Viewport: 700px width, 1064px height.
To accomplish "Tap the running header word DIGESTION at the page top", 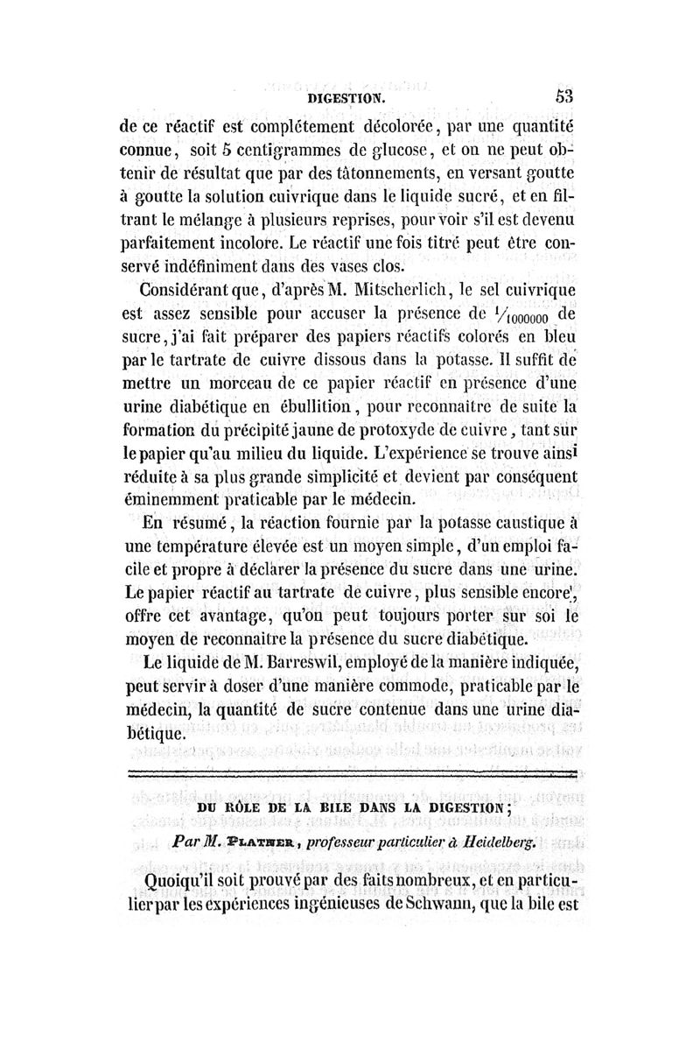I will pos(349,100).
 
